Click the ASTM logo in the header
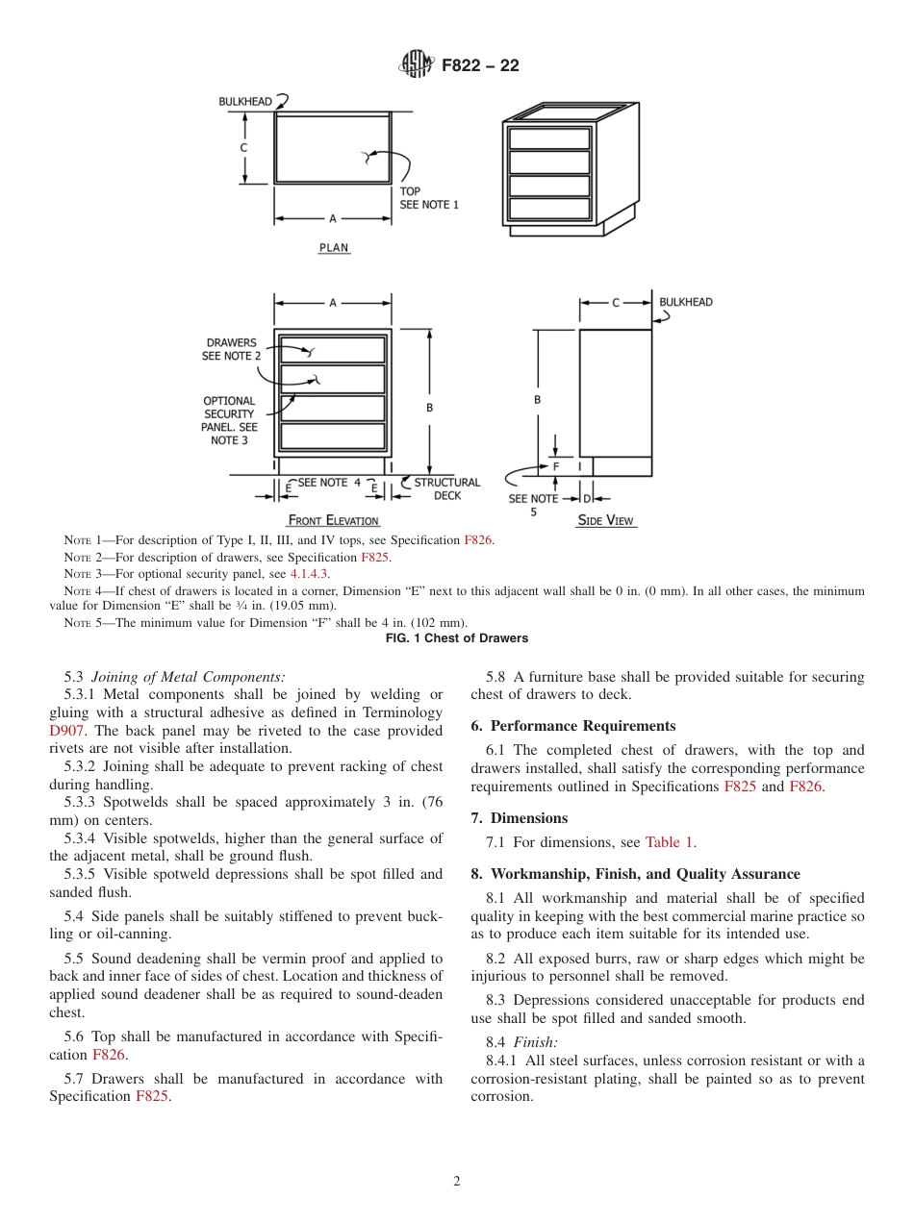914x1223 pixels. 416,65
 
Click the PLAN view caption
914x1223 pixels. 334,248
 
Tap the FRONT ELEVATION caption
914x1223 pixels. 334,520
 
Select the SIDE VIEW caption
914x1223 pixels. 605,520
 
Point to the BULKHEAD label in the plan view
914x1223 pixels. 246,101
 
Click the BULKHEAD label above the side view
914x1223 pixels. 686,302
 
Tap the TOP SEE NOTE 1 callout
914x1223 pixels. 428,198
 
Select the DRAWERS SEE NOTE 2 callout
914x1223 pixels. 231,349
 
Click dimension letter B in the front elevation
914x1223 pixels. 429,408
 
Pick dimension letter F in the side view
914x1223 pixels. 556,466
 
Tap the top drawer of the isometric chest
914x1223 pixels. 548,138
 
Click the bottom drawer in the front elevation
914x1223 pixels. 333,437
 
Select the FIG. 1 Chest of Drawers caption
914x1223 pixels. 456,638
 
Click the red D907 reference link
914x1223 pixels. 66,730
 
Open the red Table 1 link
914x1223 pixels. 669,842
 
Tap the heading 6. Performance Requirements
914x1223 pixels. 572,726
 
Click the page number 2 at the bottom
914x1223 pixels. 457,1182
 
